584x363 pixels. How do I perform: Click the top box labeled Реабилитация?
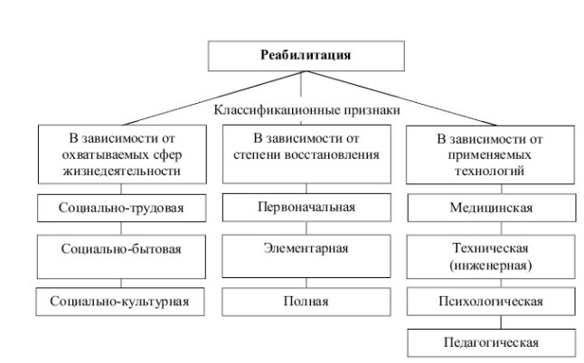coord(300,55)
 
